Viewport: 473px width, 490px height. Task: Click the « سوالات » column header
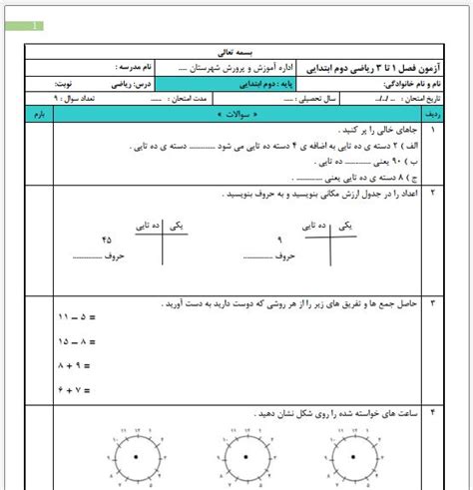pos(231,116)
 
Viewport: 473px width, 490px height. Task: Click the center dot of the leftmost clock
pos(134,456)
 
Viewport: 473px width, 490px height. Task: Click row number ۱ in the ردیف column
pos(432,131)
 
